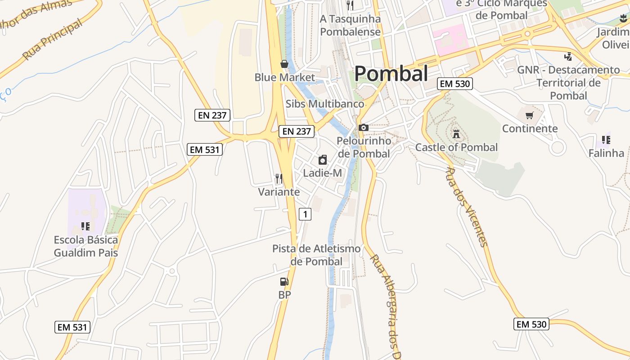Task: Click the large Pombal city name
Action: pyautogui.click(x=391, y=74)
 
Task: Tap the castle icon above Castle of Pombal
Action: pyautogui.click(x=456, y=134)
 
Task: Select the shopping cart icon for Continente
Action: pyautogui.click(x=530, y=115)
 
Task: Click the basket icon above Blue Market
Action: pyautogui.click(x=284, y=64)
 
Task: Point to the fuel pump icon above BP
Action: pyautogui.click(x=284, y=282)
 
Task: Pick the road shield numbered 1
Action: pyautogui.click(x=305, y=214)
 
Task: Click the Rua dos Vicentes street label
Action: pyautogui.click(x=466, y=207)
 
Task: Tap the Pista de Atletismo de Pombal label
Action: pyautogui.click(x=316, y=255)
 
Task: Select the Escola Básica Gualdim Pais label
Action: pyautogui.click(x=86, y=246)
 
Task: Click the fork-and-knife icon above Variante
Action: pyautogui.click(x=279, y=179)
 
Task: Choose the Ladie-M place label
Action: pyautogui.click(x=322, y=173)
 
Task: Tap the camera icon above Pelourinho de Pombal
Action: pyautogui.click(x=364, y=128)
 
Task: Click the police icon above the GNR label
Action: pyautogui.click(x=568, y=57)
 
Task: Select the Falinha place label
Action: pyautogui.click(x=606, y=153)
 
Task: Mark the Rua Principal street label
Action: pyautogui.click(x=53, y=39)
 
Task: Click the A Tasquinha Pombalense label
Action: pyautogui.click(x=350, y=25)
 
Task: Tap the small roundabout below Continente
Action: pyautogui.click(x=558, y=147)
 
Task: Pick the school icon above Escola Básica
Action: pyautogui.click(x=85, y=226)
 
